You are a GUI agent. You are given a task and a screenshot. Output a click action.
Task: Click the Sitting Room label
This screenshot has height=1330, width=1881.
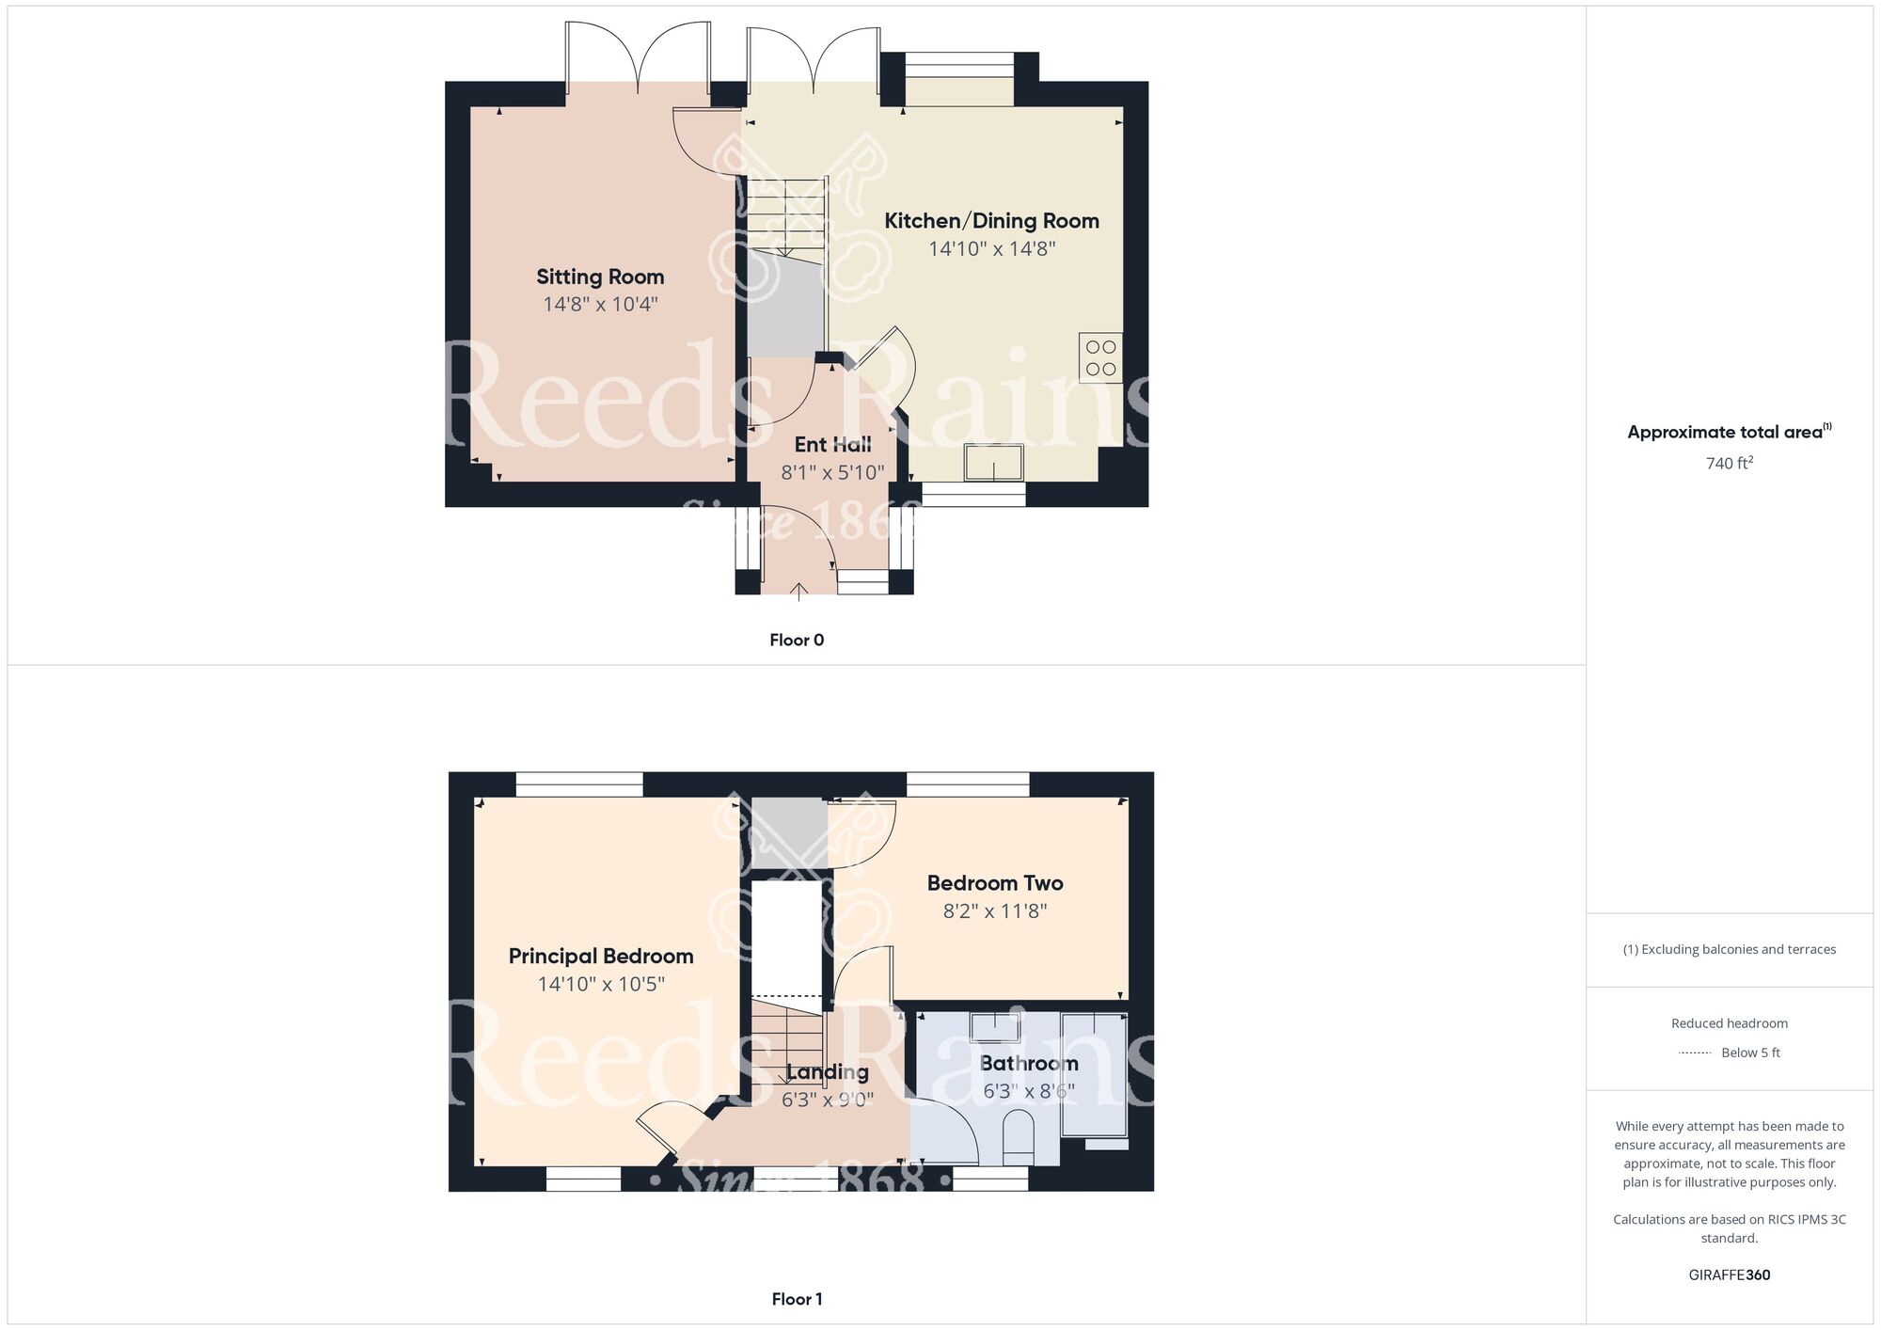pyautogui.click(x=600, y=277)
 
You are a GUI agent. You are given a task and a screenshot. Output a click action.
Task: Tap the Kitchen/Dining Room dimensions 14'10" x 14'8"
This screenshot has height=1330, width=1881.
pyautogui.click(x=992, y=249)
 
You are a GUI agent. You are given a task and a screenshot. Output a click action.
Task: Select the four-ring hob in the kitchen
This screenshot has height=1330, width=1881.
pyautogui.click(x=1100, y=357)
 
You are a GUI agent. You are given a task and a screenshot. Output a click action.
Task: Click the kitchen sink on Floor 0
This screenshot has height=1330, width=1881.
pyautogui.click(x=993, y=462)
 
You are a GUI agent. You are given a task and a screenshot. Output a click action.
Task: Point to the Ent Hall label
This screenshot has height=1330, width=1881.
pyautogui.click(x=832, y=444)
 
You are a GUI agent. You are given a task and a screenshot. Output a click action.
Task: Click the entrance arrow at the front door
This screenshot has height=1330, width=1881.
pyautogui.click(x=798, y=592)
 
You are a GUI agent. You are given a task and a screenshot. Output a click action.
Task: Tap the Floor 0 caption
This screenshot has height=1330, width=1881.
pyautogui.click(x=797, y=641)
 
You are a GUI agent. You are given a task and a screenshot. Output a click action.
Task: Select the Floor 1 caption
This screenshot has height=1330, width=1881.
pyautogui.click(x=797, y=1300)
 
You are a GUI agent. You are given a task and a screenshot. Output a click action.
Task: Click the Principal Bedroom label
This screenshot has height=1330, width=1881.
pyautogui.click(x=601, y=957)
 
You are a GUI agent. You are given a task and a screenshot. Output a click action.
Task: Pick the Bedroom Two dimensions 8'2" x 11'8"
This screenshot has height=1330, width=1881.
pyautogui.click(x=995, y=911)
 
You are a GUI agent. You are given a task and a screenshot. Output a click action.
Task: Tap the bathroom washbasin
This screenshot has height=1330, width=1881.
pyautogui.click(x=995, y=1026)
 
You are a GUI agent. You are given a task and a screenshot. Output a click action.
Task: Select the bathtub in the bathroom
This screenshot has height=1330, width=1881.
pyautogui.click(x=1095, y=1074)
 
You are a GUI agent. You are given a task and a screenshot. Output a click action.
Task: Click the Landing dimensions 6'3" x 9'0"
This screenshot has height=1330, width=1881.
pyautogui.click(x=828, y=1100)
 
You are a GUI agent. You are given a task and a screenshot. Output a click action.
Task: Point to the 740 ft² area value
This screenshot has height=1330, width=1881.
pyautogui.click(x=1730, y=463)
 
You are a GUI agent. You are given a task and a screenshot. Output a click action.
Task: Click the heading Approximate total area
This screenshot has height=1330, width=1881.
pyautogui.click(x=1725, y=433)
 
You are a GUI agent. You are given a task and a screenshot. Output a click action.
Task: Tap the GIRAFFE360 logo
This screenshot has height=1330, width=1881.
pyautogui.click(x=1730, y=1275)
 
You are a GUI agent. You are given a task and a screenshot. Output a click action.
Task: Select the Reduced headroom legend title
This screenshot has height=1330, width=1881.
pyautogui.click(x=1730, y=1023)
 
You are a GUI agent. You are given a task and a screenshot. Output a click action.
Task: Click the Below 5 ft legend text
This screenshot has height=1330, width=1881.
pyautogui.click(x=1750, y=1053)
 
